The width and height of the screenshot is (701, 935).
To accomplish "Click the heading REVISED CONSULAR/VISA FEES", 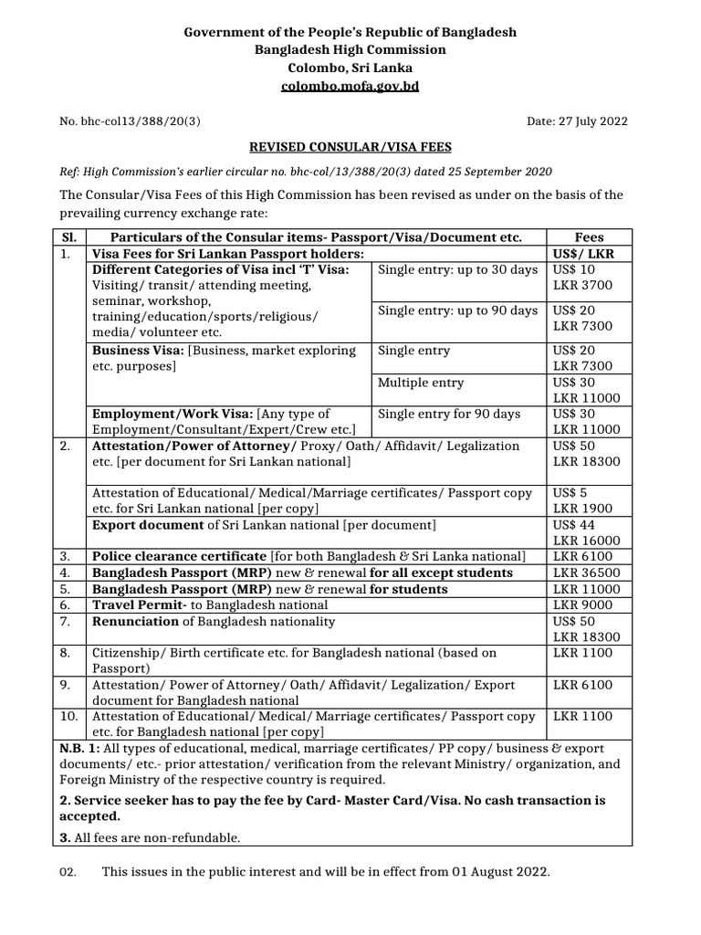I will coord(350,146).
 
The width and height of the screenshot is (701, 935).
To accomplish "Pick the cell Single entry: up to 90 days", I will coord(457,310).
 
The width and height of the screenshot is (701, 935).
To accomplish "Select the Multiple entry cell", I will coord(421,383).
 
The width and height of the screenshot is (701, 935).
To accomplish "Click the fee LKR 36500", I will coord(585,573).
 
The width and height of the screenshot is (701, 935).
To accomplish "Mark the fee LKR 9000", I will coord(582,604).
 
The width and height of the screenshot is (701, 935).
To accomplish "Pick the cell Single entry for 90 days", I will coord(448,414).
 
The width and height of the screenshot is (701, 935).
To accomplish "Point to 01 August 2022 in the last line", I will coord(500,872).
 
